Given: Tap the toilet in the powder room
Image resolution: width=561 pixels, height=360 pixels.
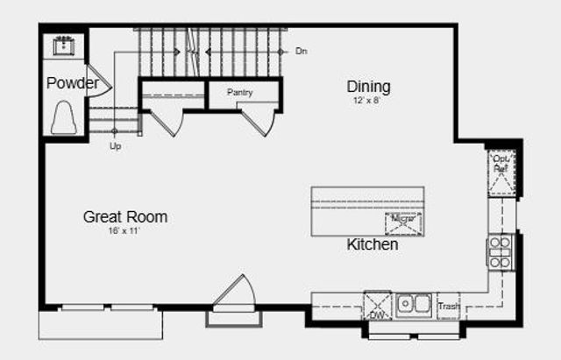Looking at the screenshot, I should (x=64, y=118).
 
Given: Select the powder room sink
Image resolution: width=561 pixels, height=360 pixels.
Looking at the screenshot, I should (x=65, y=44).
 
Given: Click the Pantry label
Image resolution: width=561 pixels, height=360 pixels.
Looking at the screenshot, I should (x=240, y=92).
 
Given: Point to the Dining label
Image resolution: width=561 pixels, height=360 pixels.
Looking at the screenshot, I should (x=368, y=87).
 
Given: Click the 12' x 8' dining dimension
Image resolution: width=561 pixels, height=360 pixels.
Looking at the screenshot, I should (x=367, y=101).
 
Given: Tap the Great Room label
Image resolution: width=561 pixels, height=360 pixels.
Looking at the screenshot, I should (x=125, y=216).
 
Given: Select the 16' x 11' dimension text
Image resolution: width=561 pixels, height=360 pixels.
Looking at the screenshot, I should (x=124, y=230).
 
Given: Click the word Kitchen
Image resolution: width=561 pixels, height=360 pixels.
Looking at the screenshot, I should (x=373, y=245).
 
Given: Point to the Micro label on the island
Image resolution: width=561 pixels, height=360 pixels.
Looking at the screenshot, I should (x=404, y=218).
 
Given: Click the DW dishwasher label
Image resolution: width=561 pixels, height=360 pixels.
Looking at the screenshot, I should (x=377, y=314).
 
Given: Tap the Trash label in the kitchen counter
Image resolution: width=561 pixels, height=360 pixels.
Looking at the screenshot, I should (x=448, y=307).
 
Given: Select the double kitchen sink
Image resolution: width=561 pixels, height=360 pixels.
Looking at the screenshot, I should (x=412, y=305).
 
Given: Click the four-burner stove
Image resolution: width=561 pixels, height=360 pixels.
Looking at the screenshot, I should (x=499, y=252).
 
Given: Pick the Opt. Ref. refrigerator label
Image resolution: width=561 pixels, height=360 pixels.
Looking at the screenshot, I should (x=501, y=163).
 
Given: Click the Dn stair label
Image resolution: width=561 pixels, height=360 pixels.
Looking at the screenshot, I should (x=302, y=52).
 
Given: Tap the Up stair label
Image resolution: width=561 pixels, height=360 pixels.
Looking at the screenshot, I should (x=115, y=146).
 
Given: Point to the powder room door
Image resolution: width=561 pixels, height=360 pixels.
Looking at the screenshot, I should (x=99, y=86).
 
